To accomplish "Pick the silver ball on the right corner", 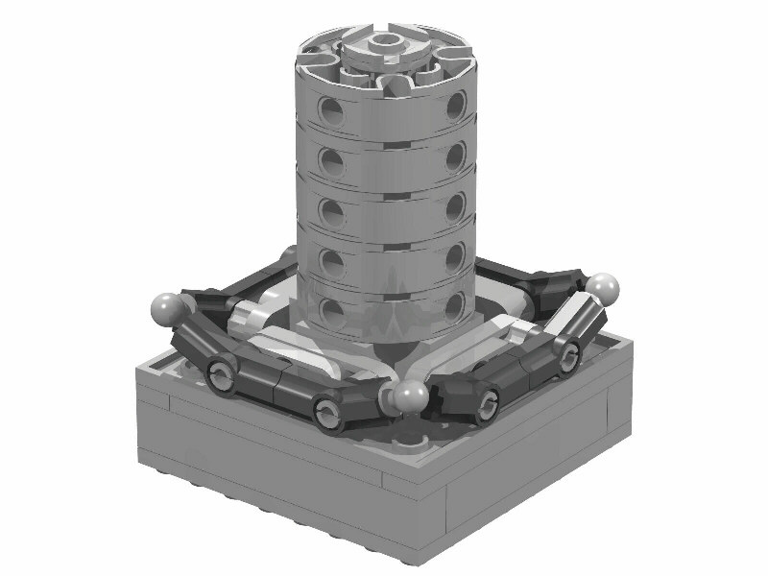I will pyautogui.click(x=603, y=285).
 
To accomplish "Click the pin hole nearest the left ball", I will pyautogui.click(x=219, y=377).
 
